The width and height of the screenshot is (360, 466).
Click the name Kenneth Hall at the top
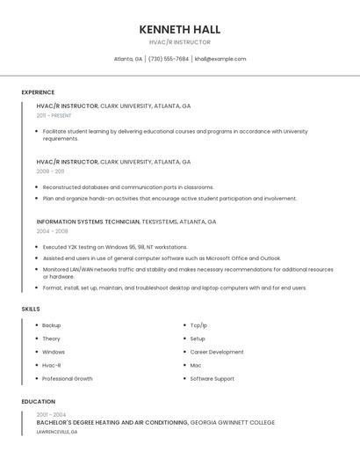[x=180, y=29]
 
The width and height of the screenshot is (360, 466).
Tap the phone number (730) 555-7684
[x=168, y=59]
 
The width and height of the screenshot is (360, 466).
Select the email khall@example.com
[x=220, y=59]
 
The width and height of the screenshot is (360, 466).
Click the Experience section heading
[x=38, y=92]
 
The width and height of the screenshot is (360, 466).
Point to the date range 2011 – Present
[x=54, y=115]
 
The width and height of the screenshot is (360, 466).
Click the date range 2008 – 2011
[x=50, y=171]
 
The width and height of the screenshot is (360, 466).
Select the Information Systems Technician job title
[x=88, y=222]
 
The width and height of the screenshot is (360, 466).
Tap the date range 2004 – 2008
[x=52, y=231]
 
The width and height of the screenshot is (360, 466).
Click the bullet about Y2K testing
[x=115, y=247]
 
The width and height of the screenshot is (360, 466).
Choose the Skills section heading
[x=31, y=309]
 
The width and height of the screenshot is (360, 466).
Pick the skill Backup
[x=51, y=325]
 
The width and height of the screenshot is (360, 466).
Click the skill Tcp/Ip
[x=199, y=325]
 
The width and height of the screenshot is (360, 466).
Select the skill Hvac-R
[x=52, y=365]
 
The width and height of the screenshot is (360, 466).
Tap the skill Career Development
[x=217, y=352]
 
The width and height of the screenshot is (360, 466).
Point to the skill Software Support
[x=212, y=379]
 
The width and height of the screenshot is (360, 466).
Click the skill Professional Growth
[x=67, y=379]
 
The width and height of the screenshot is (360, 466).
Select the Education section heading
[x=37, y=402]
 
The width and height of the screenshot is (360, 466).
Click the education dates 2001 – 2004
[x=51, y=414]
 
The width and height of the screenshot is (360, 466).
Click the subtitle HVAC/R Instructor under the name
[x=180, y=42]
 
